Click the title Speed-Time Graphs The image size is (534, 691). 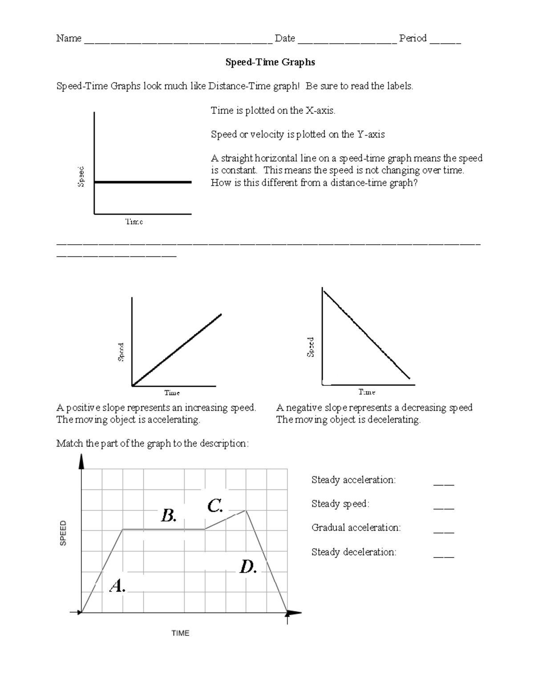tap(270, 62)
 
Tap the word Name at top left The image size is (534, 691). tap(69, 39)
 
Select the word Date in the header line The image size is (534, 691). tap(285, 39)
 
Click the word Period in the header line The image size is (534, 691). tap(413, 39)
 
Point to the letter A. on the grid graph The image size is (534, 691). tap(117, 586)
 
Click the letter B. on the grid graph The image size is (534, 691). tap(169, 516)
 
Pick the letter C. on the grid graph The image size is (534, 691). tap(214, 506)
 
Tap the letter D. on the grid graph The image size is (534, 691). tap(248, 567)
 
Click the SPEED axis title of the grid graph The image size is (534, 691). tap(63, 533)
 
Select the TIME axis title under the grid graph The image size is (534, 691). tap(180, 633)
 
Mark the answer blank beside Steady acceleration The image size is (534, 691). tap(443, 484)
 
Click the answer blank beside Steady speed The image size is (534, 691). tap(443, 508)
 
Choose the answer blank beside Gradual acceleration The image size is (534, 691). tap(443, 532)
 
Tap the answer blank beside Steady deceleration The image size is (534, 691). tap(443, 556)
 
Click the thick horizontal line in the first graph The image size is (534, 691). tap(142, 182)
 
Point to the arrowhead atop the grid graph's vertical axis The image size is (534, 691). tap(81, 461)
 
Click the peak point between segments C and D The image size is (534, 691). tap(246, 510)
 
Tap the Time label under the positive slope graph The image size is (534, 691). tap(172, 393)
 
